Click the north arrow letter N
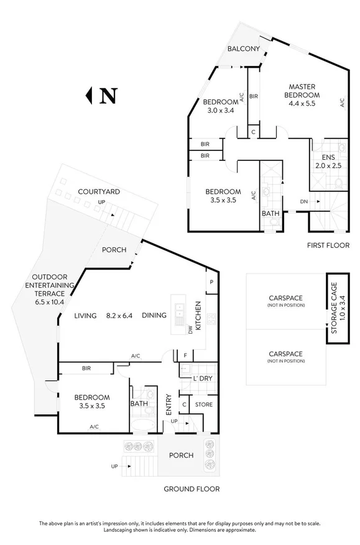coord(109,96)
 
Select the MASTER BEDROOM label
coord(302,91)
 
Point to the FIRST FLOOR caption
coord(328,245)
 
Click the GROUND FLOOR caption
coord(192,488)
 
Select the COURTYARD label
coord(99,192)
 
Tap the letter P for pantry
coord(211,282)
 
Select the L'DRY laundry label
coord(203,378)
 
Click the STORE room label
coord(204,405)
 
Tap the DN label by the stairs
coord(303,201)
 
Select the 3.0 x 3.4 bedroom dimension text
coord(221,112)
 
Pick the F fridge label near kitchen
coord(185,355)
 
